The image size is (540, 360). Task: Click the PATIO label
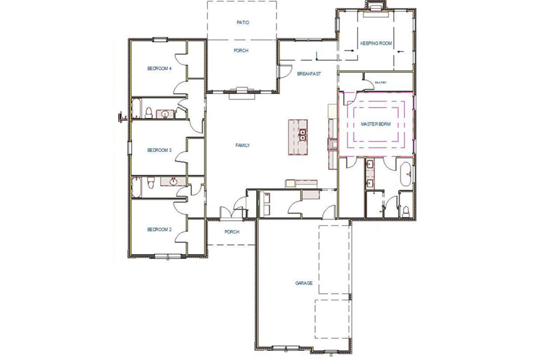pyautogui.click(x=242, y=23)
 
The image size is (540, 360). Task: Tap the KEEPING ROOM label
pyautogui.click(x=376, y=43)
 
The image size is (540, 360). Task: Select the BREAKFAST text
pyautogui.click(x=309, y=74)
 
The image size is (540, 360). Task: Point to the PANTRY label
pyautogui.click(x=380, y=82)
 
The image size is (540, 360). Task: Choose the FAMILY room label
pyautogui.click(x=242, y=145)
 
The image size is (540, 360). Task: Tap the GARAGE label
pyautogui.click(x=304, y=283)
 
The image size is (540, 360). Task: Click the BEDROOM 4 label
pyautogui.click(x=159, y=68)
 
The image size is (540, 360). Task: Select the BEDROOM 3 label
pyautogui.click(x=159, y=150)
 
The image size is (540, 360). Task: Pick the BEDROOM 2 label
pyautogui.click(x=159, y=229)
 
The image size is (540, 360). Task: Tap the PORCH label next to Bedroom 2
pyautogui.click(x=232, y=231)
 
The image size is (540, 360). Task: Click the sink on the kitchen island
pyautogui.click(x=303, y=133)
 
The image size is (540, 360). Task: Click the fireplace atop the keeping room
pyautogui.click(x=375, y=7)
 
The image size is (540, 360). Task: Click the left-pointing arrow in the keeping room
pyautogui.click(x=400, y=51)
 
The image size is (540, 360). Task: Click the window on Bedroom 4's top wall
pyautogui.click(x=160, y=39)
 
